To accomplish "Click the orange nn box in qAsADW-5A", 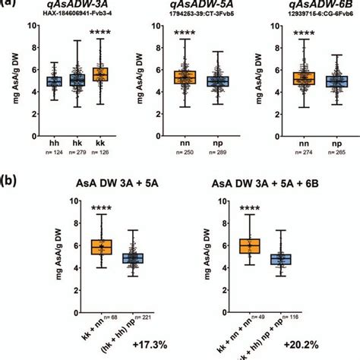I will point(185,77).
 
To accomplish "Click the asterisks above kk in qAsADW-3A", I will point(99,33).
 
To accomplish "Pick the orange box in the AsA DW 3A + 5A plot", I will point(102,247).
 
